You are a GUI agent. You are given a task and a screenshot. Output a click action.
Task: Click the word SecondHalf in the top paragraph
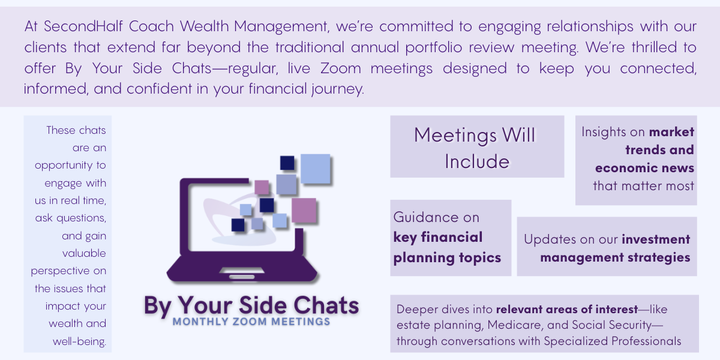coord(83,26)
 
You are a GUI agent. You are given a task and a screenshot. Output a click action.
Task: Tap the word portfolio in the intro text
coord(434,47)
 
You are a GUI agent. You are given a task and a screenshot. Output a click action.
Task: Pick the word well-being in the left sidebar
coord(79,341)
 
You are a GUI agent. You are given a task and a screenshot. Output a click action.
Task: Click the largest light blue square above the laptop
coord(316,169)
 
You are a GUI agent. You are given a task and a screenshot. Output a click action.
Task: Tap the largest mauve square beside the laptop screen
coord(304,210)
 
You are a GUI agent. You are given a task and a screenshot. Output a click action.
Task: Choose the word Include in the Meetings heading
coord(477,161)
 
